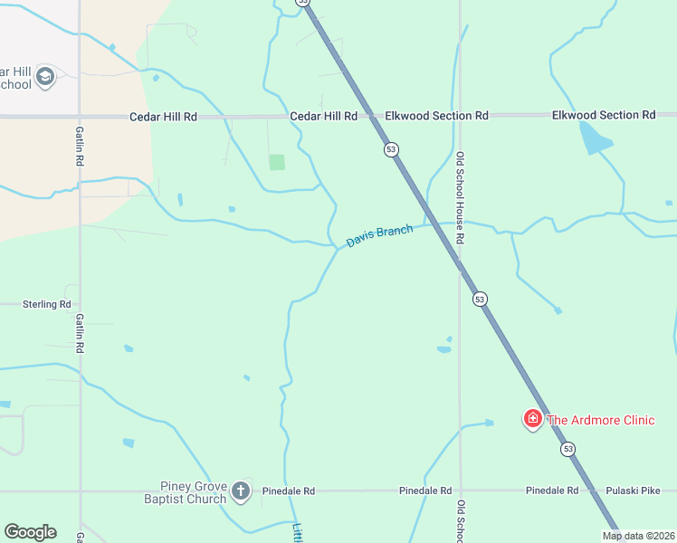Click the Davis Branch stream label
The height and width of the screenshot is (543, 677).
pos(379,236)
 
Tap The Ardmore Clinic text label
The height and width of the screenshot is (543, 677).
pos(601,419)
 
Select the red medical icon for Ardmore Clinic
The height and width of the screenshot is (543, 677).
pos(533,418)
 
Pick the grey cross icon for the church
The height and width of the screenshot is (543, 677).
pos(240,491)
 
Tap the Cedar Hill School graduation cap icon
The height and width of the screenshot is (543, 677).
pos(45,78)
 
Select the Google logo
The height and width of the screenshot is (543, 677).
pos(30,532)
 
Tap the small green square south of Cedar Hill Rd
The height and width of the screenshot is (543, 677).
pos(277,162)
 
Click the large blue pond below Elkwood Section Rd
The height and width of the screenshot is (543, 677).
pos(595,138)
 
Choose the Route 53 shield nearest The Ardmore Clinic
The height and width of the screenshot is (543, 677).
pos(567,449)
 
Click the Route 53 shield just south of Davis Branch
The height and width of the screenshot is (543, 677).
pos(480,299)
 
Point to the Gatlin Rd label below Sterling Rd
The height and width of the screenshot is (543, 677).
pos(80,333)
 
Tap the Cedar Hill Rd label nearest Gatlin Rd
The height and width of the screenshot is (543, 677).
pos(163,117)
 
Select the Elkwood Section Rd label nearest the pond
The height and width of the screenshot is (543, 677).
pos(604,115)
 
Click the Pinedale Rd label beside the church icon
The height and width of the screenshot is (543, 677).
pos(288,491)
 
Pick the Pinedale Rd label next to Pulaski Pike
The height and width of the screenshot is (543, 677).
pos(552,491)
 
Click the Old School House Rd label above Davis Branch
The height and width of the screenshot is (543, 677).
pos(460,197)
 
